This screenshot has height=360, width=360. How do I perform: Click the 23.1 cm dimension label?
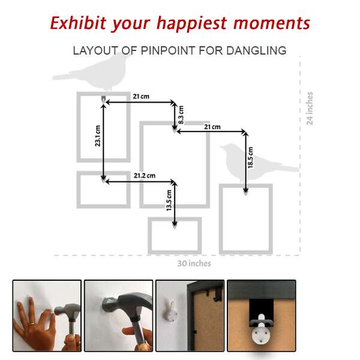tap(98, 136)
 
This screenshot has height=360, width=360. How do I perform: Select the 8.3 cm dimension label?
tap(181, 115)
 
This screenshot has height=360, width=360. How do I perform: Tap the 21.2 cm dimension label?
tap(145, 176)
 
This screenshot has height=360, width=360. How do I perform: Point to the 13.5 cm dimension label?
tap(169, 200)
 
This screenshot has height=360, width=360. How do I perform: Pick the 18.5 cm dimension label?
tap(250, 157)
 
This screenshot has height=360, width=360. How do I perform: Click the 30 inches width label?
tap(194, 263)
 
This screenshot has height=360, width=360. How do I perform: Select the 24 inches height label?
tap(310, 109)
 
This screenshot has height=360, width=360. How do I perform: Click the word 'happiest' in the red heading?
tap(192, 23)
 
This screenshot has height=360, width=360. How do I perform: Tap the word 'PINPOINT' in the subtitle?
tap(168, 50)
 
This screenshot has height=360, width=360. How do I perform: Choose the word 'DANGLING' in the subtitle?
tap(256, 50)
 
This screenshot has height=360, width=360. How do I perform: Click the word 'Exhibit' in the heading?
tap(78, 23)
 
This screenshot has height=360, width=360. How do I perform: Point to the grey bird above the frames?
tap(92, 71)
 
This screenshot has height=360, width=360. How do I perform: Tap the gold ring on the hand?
tap(32, 324)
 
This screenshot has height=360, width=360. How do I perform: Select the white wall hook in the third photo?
tap(170, 311)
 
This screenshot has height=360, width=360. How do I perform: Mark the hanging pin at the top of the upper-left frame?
tap(104, 99)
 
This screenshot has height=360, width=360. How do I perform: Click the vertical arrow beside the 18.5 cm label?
tap(245, 162)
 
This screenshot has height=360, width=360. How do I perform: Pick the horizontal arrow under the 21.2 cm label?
tap(139, 182)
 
